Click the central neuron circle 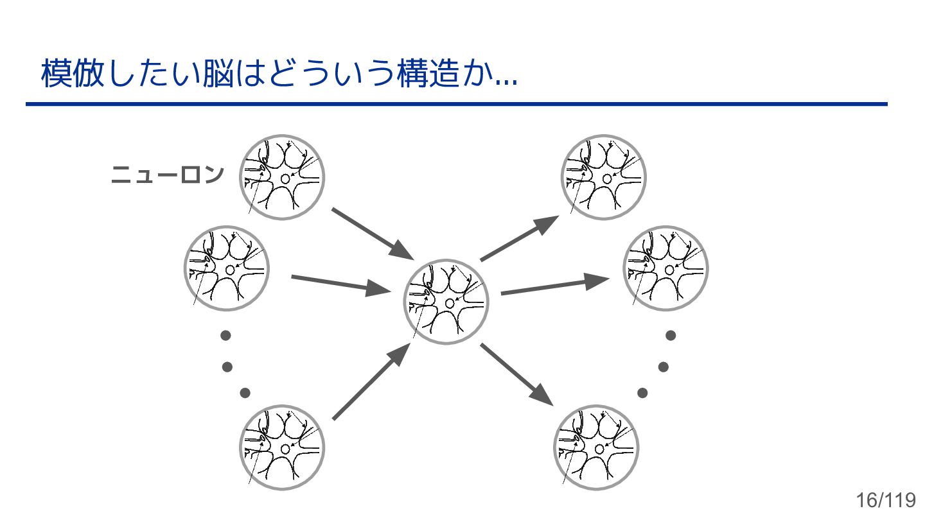click(446, 302)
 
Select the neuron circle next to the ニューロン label click(281, 177)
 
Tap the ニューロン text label click(168, 175)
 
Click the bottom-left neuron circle click(281, 447)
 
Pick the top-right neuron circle click(604, 177)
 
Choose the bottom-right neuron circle click(596, 447)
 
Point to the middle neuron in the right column click(666, 268)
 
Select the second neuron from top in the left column click(227, 268)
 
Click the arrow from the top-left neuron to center click(371, 232)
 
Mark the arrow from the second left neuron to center click(340, 284)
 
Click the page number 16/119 click(885, 500)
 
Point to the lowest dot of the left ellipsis click(244, 393)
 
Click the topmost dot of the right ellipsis click(671, 335)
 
